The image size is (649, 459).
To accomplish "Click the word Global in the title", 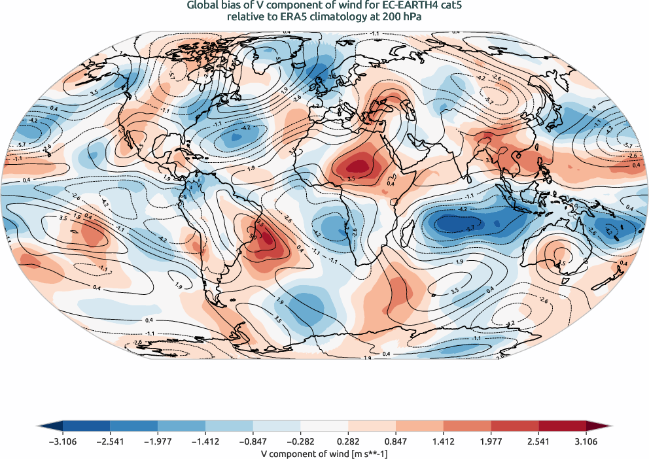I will coord(203,6).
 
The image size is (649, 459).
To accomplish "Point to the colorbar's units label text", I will coord(324,453).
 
